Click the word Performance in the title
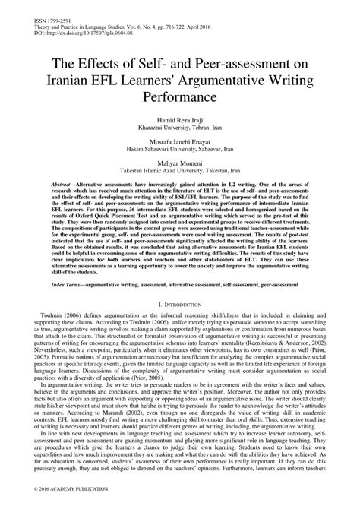[180, 99]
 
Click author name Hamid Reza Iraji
[180, 122]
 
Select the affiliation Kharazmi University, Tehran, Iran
[180, 129]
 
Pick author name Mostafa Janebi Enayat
[180, 143]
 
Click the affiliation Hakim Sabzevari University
[180, 150]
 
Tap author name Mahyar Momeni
[180, 164]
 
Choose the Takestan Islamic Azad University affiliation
[180, 172]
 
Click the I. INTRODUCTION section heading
[180, 303]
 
